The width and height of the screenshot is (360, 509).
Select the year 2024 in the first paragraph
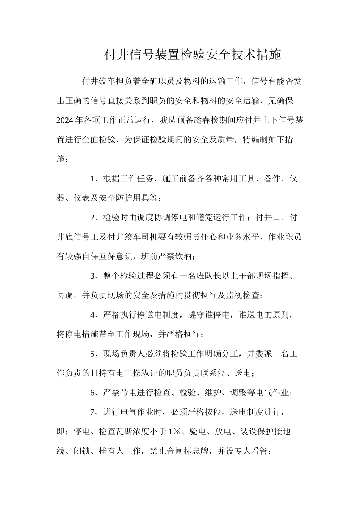[x=65, y=120]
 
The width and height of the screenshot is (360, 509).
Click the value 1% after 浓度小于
[x=174, y=432]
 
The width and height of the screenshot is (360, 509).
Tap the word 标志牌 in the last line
[x=201, y=451]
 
